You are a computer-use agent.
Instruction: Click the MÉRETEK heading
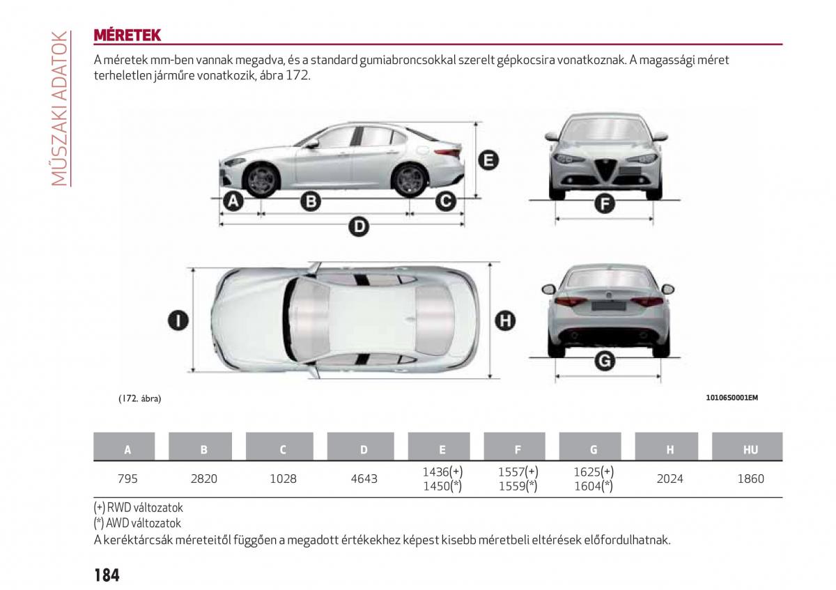pos(127,35)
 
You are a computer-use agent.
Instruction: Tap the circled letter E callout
pos(488,160)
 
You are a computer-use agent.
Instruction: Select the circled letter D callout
pos(359,226)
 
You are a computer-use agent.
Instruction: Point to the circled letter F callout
pos(604,204)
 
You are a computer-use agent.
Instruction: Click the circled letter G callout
pos(604,361)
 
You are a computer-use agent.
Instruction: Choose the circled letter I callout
pos(178,321)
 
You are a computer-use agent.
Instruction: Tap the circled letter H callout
pos(505,321)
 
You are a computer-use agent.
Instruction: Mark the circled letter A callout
pos(233,201)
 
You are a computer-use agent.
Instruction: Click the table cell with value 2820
pos(203,479)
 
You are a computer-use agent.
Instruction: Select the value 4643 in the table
pos(364,479)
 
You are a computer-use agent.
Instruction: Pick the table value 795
pos(127,479)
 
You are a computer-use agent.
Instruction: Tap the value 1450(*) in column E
pos(442,486)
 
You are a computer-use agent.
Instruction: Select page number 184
pos(107,575)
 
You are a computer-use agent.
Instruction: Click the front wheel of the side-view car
pos(261,180)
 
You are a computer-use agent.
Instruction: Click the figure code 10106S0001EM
pos(732,398)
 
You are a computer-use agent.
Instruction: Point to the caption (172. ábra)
pos(140,398)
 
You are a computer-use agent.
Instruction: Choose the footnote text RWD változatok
pos(145,508)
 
